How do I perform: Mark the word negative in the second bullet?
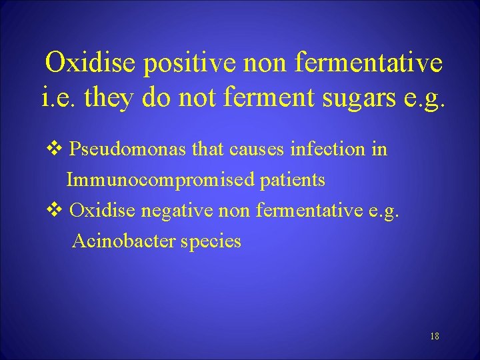[176, 211]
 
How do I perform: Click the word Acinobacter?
[123, 241]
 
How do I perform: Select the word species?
[211, 241]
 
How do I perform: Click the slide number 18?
[435, 336]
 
